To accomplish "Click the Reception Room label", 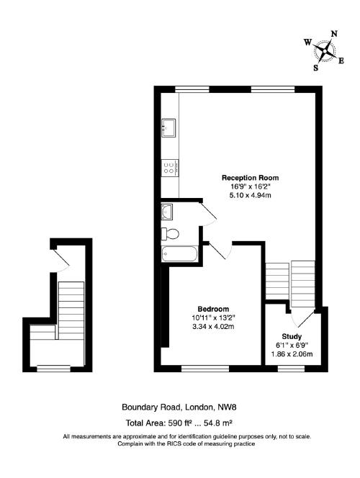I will (x=250, y=178).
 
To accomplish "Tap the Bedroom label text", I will (x=214, y=309).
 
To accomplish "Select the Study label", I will (x=291, y=336).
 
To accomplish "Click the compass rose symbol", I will (x=327, y=52).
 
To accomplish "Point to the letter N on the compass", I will (x=333, y=34).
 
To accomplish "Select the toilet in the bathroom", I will (x=170, y=233).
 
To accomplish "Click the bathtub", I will (x=178, y=255).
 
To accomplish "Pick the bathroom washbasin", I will (x=168, y=212).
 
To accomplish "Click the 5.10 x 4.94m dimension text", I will (x=250, y=195).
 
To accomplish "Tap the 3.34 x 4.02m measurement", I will (x=214, y=326).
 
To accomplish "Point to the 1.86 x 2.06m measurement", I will (x=291, y=353).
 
